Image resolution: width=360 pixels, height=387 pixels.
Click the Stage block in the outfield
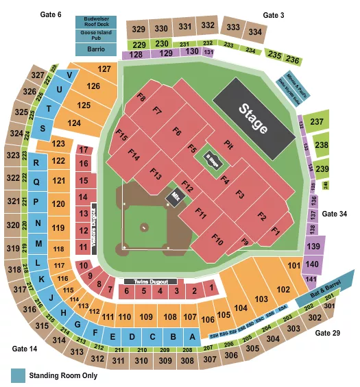coord(252,118)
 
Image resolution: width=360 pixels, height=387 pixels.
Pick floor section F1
coord(275,232)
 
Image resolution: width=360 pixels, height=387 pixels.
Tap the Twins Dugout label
coord(150,282)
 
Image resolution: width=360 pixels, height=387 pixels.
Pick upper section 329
coord(139,29)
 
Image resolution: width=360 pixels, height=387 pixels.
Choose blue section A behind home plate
coord(192,336)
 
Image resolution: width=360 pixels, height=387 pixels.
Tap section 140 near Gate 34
coord(312,264)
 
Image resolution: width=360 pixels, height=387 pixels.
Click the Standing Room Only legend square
coord(16,375)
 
